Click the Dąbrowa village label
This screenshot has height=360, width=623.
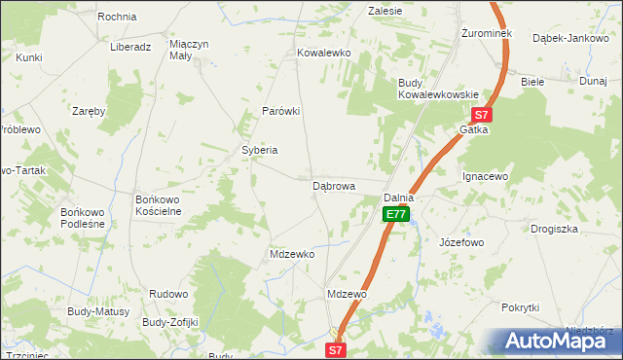click(333, 185)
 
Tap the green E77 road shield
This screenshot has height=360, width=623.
click(394, 214)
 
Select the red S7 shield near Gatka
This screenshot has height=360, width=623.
click(484, 114)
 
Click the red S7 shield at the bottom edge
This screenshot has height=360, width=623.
click(335, 349)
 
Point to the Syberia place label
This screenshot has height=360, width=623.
click(260, 150)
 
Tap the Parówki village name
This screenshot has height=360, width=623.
click(280, 111)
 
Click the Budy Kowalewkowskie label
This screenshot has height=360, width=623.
click(437, 89)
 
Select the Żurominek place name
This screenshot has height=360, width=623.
click(486, 33)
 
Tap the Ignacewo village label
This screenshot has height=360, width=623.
click(486, 177)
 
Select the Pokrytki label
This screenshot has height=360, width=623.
click(520, 307)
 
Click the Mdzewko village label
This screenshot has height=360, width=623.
click(292, 254)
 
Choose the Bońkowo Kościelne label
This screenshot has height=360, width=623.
click(159, 205)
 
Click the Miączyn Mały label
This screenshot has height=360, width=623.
click(190, 50)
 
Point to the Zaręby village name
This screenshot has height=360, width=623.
click(89, 111)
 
